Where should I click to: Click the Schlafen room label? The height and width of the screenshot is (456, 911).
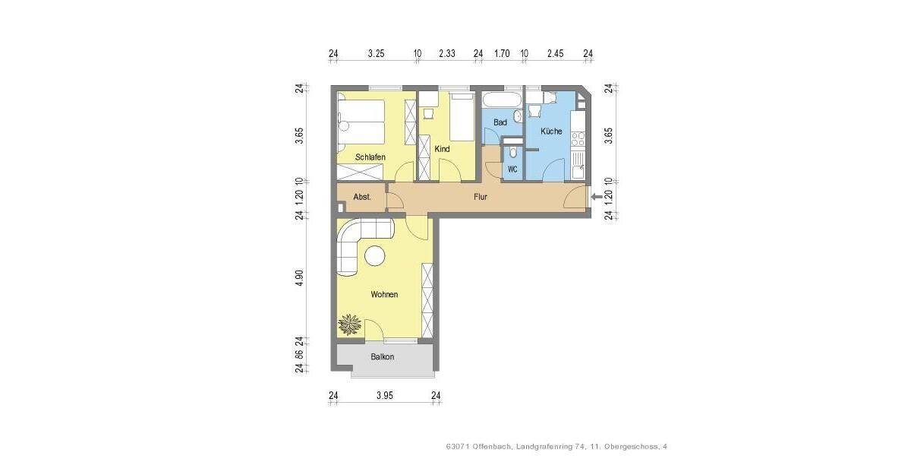coord(370,157)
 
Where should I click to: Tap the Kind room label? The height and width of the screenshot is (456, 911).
coord(442,149)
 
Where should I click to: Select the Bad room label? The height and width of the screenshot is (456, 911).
coord(500,122)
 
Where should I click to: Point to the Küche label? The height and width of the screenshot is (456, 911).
coord(551,131)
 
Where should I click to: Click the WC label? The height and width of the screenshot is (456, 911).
coord(512,169)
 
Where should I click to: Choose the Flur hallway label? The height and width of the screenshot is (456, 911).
coord(480,197)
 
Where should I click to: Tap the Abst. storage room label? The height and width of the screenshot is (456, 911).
coord(362,197)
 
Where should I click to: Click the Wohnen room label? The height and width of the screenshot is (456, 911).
coord(384,294)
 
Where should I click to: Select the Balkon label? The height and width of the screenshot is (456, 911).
coord(382,357)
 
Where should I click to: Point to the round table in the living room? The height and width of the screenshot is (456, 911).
coord(375,256)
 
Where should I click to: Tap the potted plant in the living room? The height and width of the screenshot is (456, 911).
coord(350,325)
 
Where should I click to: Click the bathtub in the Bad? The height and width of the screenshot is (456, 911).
coord(502,100)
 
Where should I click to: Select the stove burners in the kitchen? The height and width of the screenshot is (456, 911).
coord(578,139)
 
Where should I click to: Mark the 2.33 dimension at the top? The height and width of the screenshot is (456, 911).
coord(447,53)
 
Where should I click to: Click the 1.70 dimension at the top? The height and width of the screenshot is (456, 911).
coord(501,53)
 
